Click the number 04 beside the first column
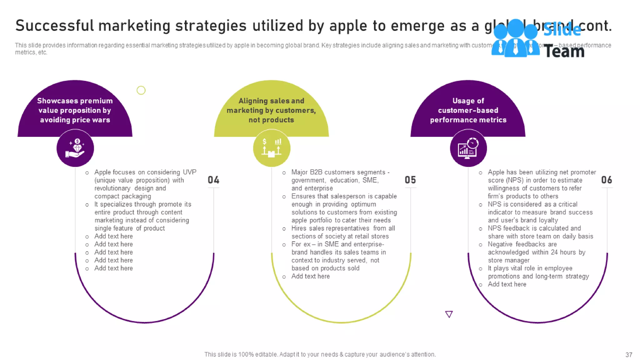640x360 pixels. click(x=213, y=180)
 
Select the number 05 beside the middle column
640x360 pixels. click(x=410, y=180)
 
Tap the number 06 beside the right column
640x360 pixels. click(x=607, y=180)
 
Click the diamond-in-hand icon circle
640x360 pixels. click(x=75, y=148)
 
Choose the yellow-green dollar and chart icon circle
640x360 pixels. click(x=272, y=148)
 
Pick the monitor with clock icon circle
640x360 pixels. click(x=468, y=148)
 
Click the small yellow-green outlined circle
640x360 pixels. click(x=141, y=90)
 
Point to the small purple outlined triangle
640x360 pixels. click(x=449, y=314)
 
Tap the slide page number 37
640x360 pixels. click(x=629, y=355)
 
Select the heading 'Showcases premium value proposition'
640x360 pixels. click(x=75, y=110)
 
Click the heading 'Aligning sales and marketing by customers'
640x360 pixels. click(x=271, y=110)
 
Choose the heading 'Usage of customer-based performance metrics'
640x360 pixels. click(x=468, y=110)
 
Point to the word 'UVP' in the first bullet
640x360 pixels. click(x=190, y=172)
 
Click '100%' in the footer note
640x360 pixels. click(x=246, y=354)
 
